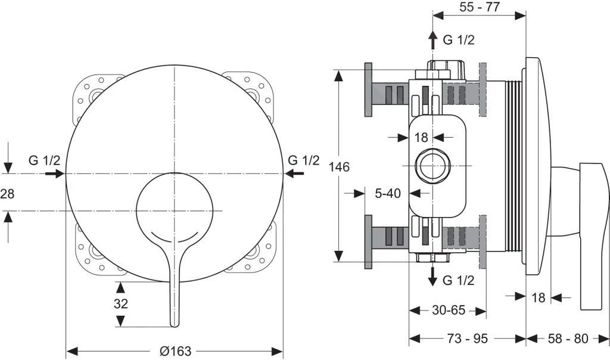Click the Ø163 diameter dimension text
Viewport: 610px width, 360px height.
[176, 352]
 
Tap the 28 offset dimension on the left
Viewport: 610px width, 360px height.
[7, 193]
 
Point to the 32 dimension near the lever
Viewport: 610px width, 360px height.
[121, 303]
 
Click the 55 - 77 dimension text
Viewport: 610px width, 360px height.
[480, 7]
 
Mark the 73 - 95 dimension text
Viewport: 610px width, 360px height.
[468, 339]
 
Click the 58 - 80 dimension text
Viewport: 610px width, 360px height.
[568, 339]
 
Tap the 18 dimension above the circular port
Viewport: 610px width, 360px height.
[421, 138]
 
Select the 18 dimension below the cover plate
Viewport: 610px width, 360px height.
[538, 297]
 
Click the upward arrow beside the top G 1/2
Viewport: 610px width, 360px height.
[433, 40]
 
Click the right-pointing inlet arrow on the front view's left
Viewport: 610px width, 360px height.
[55, 173]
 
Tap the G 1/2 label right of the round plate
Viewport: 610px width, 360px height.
[303, 160]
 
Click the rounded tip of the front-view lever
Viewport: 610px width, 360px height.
[174, 322]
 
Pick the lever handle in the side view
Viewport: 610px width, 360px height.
[593, 232]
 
